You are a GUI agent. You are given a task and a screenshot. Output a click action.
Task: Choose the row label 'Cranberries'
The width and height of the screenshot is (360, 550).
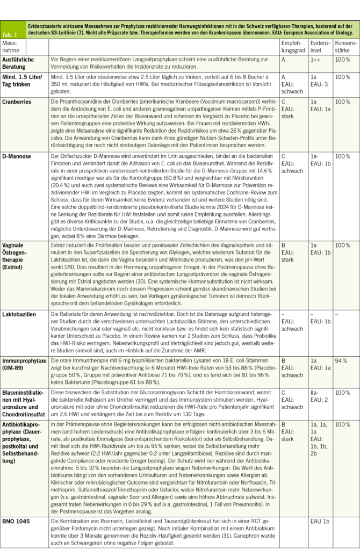17,101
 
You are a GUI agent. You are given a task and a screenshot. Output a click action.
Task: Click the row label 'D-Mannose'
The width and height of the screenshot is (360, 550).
16,156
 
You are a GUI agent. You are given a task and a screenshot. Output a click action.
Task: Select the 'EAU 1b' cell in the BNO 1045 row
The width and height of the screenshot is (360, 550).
321,521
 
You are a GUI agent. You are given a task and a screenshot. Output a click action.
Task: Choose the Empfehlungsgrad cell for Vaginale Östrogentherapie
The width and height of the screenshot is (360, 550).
292,252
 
